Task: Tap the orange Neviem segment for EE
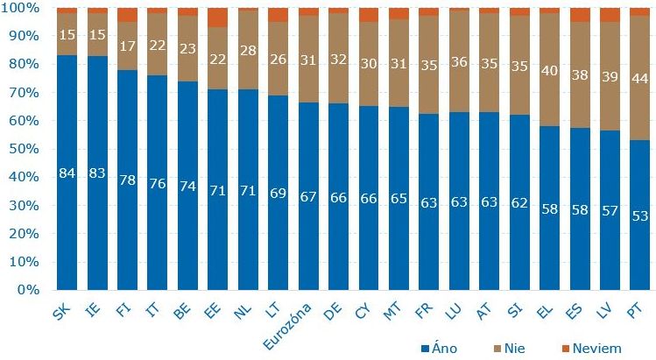tap(218, 17)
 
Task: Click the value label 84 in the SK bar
tap(67, 173)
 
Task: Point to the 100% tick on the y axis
tap(24, 8)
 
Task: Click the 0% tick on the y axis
tap(29, 289)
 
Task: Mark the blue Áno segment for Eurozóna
tap(308, 219)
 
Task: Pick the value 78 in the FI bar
tap(128, 180)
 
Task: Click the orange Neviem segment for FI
tap(128, 15)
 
